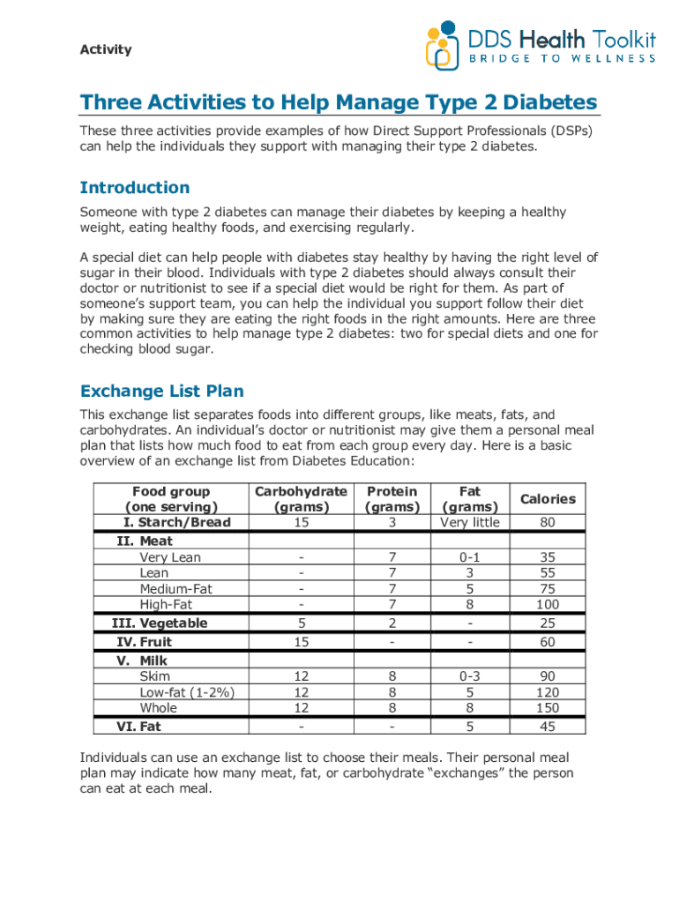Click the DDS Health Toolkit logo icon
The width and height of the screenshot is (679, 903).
point(444,46)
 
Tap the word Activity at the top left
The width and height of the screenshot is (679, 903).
point(106,49)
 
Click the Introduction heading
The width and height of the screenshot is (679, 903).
point(134,188)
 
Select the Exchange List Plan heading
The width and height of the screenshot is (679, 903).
point(161,391)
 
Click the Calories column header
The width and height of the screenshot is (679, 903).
point(548,499)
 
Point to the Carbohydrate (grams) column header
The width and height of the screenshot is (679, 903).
point(301,499)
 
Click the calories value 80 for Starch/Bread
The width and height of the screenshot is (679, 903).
point(548,523)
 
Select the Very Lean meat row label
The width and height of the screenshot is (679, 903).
point(169,557)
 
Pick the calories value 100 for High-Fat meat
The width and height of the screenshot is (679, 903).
point(548,605)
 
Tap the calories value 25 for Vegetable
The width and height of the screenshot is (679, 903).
point(548,623)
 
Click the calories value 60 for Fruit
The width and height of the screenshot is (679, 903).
point(548,642)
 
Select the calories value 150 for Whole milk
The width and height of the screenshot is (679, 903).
point(548,708)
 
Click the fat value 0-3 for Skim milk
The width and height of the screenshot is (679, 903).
point(470,676)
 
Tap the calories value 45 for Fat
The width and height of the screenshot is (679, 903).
point(548,727)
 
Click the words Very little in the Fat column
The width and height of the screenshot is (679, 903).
point(470,523)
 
